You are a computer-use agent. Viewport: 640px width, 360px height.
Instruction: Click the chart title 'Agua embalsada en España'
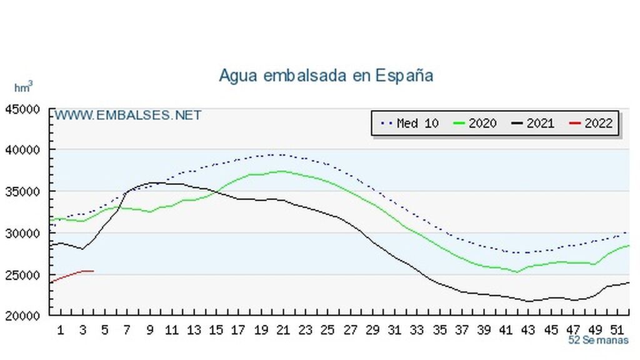point(326,76)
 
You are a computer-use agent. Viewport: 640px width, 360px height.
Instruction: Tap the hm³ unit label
point(23,87)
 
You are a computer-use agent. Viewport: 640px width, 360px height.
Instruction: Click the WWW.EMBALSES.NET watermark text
point(127,116)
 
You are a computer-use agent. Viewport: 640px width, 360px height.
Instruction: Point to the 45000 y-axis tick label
point(23,109)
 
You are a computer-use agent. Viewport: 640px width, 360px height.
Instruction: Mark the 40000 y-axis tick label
point(23,150)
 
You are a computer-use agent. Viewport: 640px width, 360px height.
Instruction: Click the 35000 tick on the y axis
point(23,191)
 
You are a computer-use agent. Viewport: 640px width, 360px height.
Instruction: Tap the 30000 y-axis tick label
point(23,233)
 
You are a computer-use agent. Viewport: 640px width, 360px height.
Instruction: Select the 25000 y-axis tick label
point(23,275)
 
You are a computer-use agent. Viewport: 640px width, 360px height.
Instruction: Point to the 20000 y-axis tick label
point(23,316)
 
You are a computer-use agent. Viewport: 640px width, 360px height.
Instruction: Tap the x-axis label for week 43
point(528,329)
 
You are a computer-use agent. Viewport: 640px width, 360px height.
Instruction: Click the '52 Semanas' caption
point(599,341)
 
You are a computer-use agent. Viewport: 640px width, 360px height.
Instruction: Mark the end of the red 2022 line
point(93,271)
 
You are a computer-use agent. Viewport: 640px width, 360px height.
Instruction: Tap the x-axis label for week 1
point(61,329)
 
